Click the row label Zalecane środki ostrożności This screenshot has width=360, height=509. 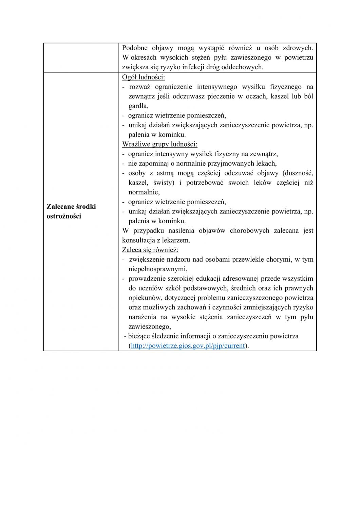point(71,211)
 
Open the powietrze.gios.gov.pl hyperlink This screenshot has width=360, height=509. point(188,346)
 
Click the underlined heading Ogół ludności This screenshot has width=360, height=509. point(143,77)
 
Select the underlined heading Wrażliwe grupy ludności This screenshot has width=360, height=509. point(159,144)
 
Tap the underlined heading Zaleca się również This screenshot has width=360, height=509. point(150,250)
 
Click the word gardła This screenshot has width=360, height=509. point(138,106)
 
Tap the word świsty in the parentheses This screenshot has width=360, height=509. point(164,183)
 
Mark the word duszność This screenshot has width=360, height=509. point(297,173)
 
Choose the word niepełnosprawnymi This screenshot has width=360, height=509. point(157,269)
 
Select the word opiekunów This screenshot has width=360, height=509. point(144,298)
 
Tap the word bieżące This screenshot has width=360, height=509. point(140,336)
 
